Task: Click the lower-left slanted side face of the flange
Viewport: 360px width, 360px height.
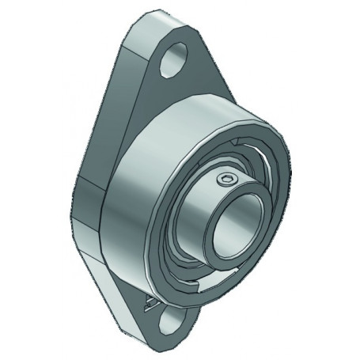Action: pos(119,293)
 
